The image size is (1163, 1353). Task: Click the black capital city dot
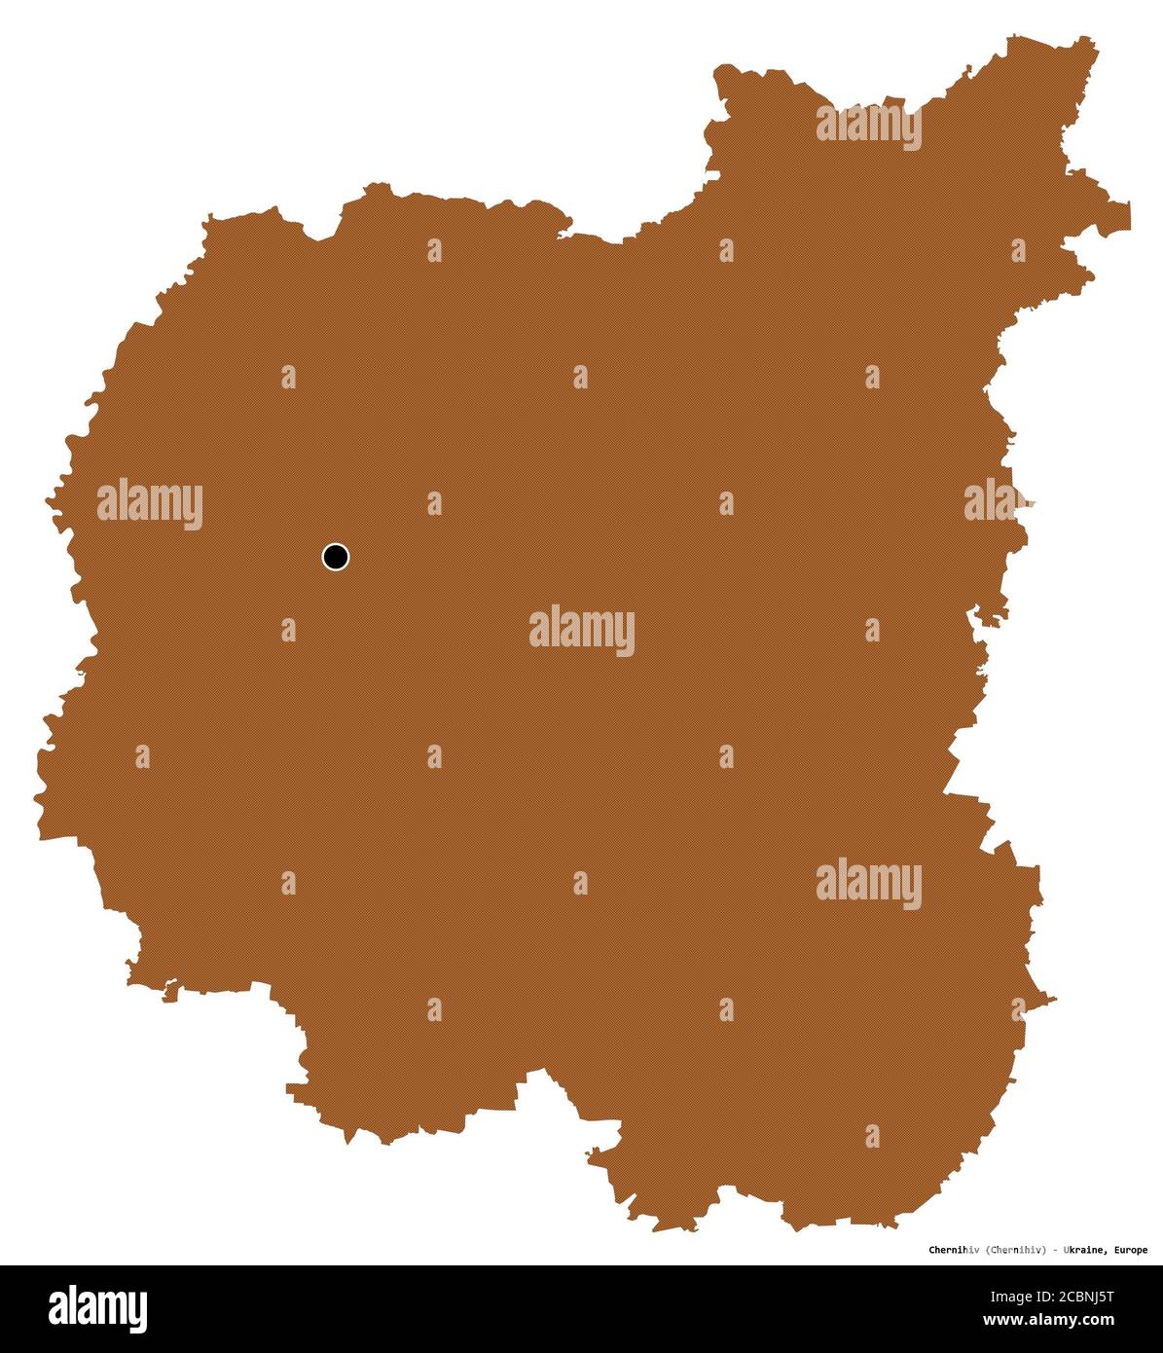coord(335,557)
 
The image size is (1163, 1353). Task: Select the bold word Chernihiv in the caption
coord(953,1250)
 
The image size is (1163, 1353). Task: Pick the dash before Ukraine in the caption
coord(1055,1250)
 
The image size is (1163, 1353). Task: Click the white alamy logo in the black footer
coord(98,1308)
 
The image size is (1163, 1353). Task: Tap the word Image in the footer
coord(1013,1297)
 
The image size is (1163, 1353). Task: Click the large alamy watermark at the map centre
coord(582,630)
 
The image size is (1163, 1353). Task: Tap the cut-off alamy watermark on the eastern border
coord(994,502)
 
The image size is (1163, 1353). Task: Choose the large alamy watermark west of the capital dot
coord(149,504)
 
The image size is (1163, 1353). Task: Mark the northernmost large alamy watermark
coord(868,126)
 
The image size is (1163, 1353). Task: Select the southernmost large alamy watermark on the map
coord(868,883)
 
